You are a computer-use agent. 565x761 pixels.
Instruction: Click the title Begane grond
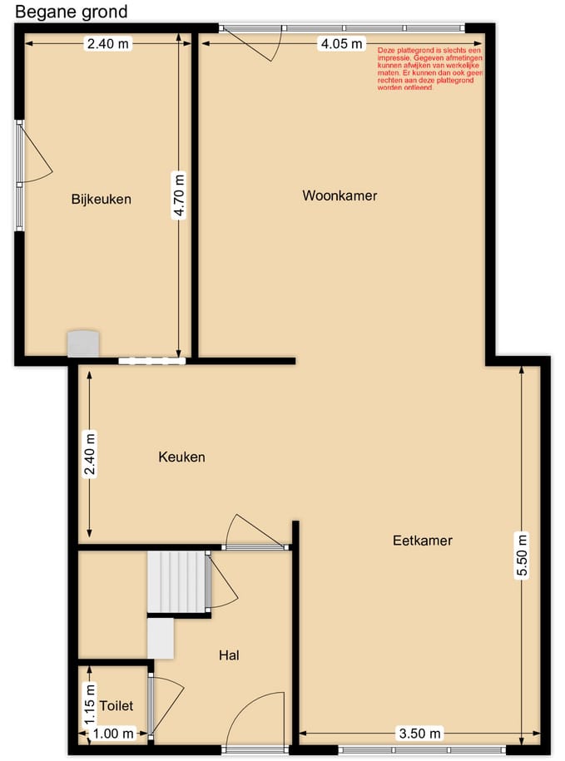pyautogui.click(x=72, y=12)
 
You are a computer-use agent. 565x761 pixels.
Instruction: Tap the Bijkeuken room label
pyautogui.click(x=102, y=200)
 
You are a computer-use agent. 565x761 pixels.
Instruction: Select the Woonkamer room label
pyautogui.click(x=339, y=196)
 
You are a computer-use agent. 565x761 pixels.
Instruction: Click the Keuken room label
pyautogui.click(x=181, y=457)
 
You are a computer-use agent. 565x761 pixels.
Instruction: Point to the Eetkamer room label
pyautogui.click(x=422, y=541)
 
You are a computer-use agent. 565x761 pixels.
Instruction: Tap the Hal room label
pyautogui.click(x=230, y=655)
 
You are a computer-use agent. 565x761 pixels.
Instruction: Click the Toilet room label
pyautogui.click(x=116, y=706)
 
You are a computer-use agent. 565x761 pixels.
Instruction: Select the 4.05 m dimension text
pyautogui.click(x=342, y=44)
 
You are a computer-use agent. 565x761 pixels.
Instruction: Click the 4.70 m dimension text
pyautogui.click(x=179, y=195)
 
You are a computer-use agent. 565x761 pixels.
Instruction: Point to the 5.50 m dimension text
pyautogui.click(x=523, y=554)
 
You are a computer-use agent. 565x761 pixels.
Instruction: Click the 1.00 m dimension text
pyautogui.click(x=114, y=734)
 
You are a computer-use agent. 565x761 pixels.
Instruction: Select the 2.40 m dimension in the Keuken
pyautogui.click(x=90, y=454)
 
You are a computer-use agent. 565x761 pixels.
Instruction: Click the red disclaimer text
pyautogui.click(x=429, y=68)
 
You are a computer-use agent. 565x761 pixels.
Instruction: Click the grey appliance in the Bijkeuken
pyautogui.click(x=83, y=343)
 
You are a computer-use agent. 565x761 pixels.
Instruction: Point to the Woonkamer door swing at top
pyautogui.click(x=258, y=46)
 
